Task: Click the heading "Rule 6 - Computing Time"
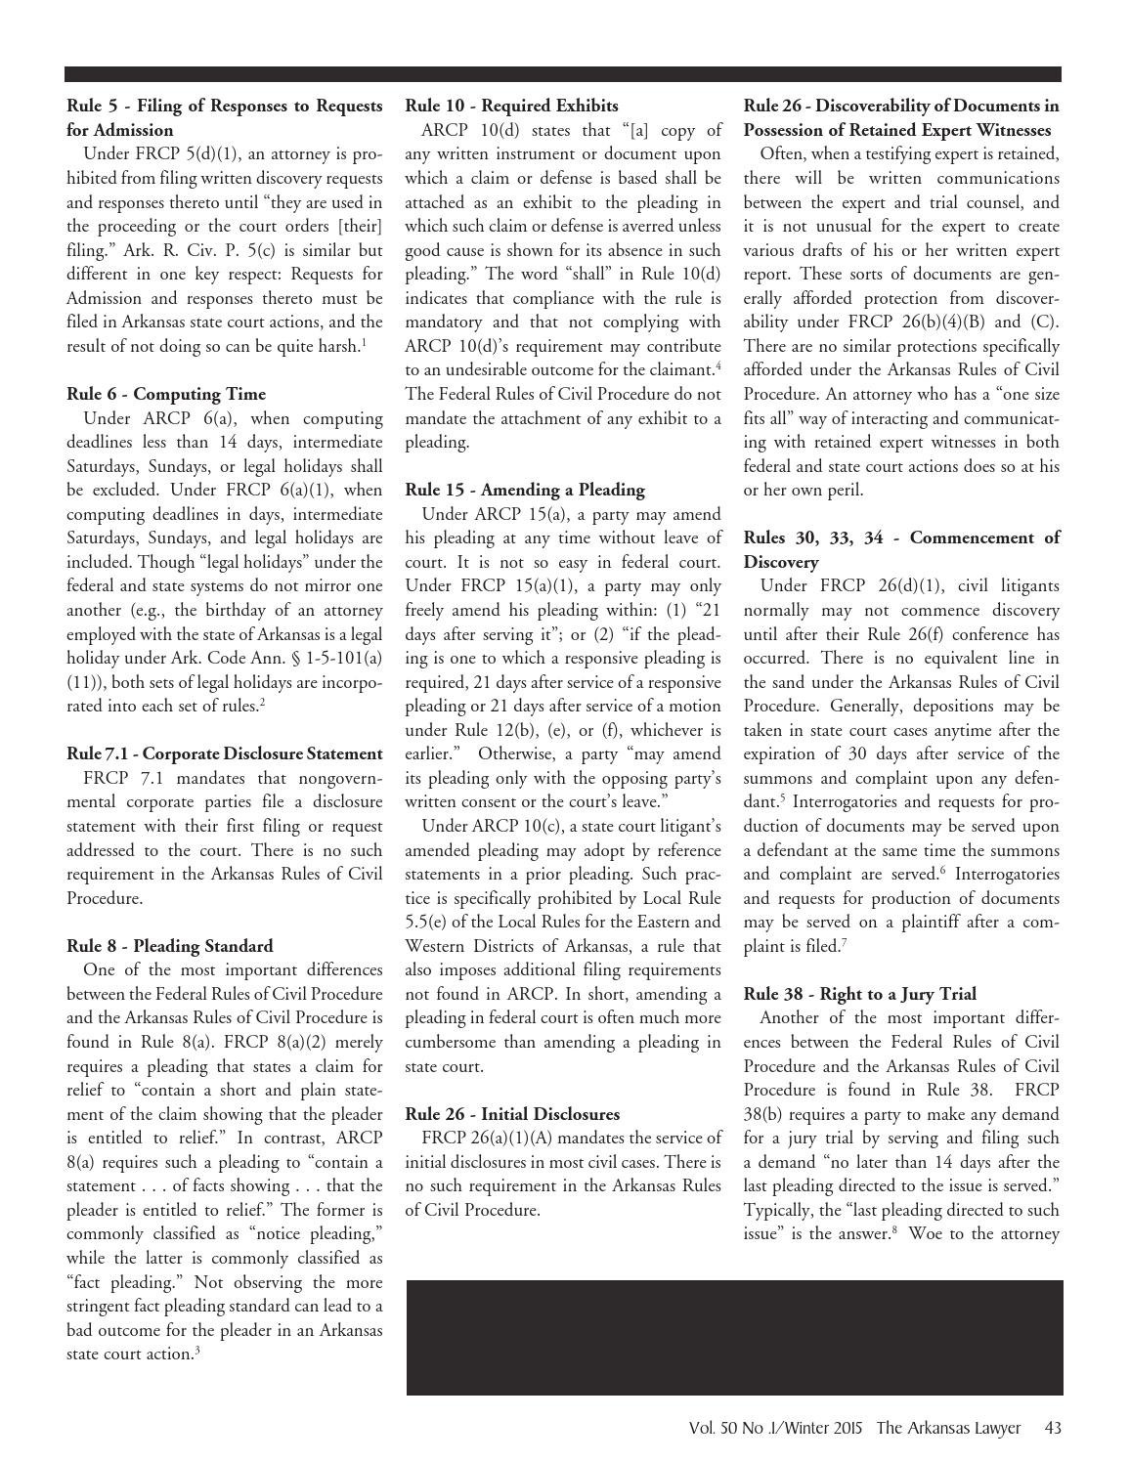(x=166, y=394)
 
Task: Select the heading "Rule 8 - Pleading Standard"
(x=170, y=946)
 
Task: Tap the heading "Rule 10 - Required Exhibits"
(x=511, y=106)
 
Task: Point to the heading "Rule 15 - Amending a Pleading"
(x=525, y=490)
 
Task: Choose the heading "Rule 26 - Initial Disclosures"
(x=512, y=1114)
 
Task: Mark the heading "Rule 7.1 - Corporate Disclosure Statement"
(x=225, y=753)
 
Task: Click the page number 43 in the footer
(x=1053, y=1428)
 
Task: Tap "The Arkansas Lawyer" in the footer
(x=948, y=1428)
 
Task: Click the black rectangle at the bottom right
(x=734, y=1337)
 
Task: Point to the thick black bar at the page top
(x=563, y=74)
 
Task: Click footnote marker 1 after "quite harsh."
(x=365, y=342)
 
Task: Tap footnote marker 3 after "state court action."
(x=197, y=1351)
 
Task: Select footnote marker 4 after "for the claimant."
(x=718, y=366)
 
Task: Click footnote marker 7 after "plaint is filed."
(x=844, y=943)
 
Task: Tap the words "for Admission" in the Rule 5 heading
(x=120, y=130)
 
